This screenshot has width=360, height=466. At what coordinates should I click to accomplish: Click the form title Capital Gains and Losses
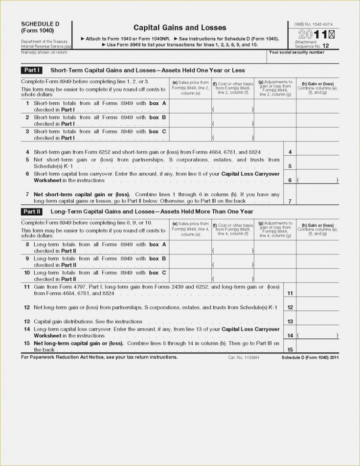[x=180, y=28]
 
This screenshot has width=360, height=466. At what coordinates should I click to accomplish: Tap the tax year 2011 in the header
[x=314, y=35]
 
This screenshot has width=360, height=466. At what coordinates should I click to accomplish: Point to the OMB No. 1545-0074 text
[x=314, y=24]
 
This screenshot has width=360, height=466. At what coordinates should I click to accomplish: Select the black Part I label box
[x=32, y=70]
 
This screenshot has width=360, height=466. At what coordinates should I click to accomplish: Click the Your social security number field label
[x=296, y=52]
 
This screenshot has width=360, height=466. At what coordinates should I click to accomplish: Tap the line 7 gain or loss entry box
[x=317, y=198]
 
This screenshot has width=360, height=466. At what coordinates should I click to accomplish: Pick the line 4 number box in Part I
[x=290, y=153]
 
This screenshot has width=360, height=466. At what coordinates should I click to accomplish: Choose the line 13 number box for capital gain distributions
[x=290, y=322]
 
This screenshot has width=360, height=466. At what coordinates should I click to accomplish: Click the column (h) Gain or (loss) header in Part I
[x=317, y=88]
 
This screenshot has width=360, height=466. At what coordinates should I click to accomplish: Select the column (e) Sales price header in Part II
[x=190, y=229]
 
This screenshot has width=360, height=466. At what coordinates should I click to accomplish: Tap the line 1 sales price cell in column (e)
[x=190, y=107]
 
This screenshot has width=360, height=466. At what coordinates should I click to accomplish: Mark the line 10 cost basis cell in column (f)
[x=232, y=276]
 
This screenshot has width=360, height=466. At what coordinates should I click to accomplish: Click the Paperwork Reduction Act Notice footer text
[x=99, y=357]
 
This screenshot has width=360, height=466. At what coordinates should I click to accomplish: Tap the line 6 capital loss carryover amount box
[x=317, y=180]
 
